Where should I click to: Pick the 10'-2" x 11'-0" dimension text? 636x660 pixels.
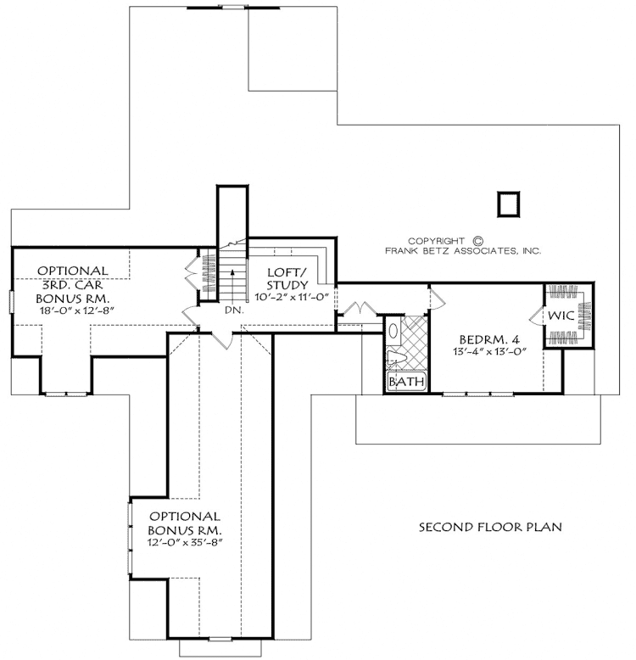(x=292, y=297)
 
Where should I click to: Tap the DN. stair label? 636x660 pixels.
(x=235, y=310)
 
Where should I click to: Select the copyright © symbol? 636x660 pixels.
(x=477, y=240)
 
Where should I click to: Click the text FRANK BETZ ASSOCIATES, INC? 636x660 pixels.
(x=462, y=252)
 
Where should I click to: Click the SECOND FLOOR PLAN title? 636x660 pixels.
(x=491, y=527)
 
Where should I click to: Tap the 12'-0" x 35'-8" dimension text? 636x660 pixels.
(x=185, y=542)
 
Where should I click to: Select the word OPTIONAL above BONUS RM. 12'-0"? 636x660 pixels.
(x=185, y=516)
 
